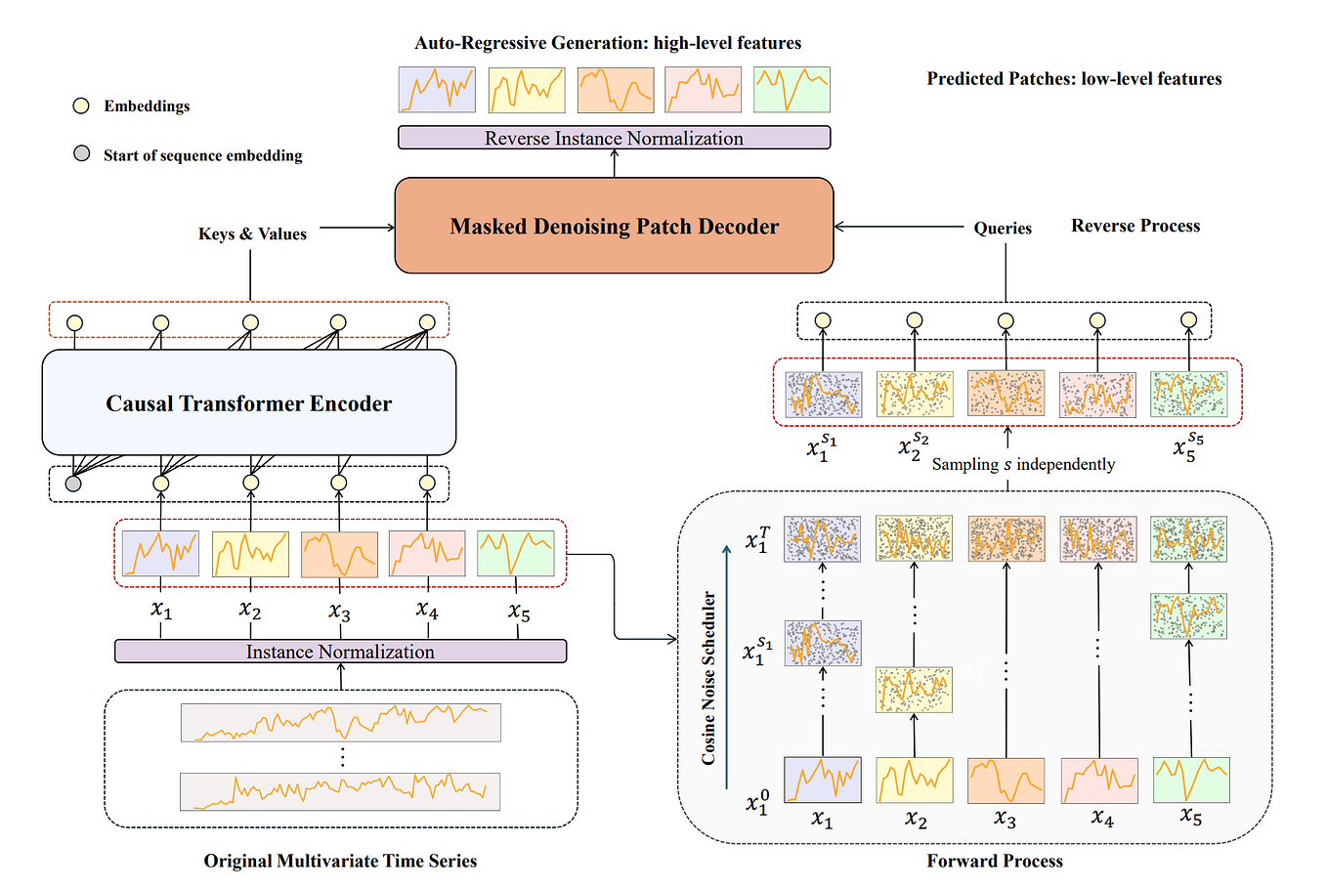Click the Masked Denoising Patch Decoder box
click(x=614, y=226)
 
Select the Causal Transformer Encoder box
click(x=248, y=402)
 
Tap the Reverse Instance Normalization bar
click(x=614, y=138)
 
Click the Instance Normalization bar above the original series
click(x=340, y=652)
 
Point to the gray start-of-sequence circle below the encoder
click(x=73, y=483)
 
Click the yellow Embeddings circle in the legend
click(x=82, y=106)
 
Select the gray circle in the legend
click(x=82, y=153)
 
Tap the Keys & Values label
click(x=252, y=234)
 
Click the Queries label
click(x=1003, y=228)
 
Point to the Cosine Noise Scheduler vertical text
click(x=708, y=678)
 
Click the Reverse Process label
click(x=1135, y=226)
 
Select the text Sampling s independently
click(x=1023, y=464)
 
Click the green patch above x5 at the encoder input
click(x=516, y=554)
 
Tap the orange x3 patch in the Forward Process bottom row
click(x=1006, y=780)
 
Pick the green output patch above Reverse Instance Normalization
click(x=792, y=90)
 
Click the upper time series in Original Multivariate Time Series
click(x=340, y=722)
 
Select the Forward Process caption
click(x=995, y=861)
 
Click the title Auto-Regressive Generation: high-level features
click(x=608, y=43)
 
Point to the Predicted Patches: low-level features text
click(x=1074, y=79)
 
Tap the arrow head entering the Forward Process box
click(x=672, y=639)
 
